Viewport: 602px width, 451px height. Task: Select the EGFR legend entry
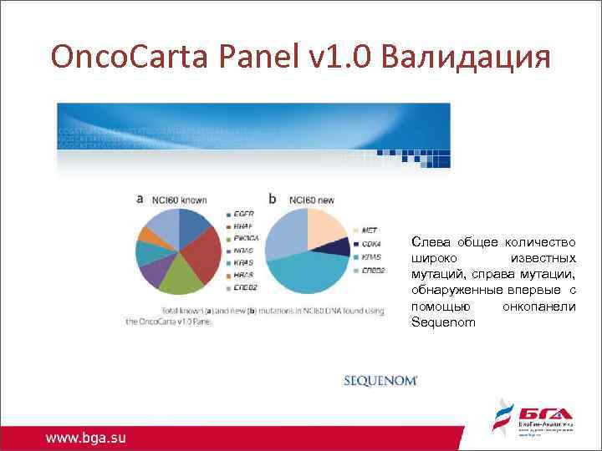coord(243,215)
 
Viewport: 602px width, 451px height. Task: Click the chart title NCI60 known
coord(178,200)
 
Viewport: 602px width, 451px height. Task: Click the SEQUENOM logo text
coord(380,380)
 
